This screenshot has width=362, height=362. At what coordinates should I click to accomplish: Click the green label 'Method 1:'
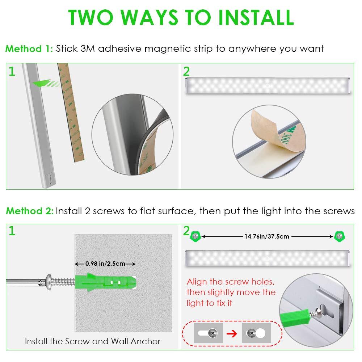[29, 49]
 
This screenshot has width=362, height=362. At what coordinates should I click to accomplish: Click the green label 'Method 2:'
[29, 211]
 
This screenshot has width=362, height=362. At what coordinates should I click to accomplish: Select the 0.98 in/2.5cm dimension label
[105, 264]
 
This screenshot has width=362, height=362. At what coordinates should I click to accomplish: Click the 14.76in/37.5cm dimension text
[267, 236]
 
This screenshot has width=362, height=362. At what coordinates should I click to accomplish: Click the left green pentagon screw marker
[195, 236]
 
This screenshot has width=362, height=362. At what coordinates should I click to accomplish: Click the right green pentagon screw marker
[340, 236]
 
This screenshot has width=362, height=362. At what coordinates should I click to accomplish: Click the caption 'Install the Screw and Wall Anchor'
[93, 341]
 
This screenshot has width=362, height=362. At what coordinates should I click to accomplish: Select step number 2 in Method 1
[186, 71]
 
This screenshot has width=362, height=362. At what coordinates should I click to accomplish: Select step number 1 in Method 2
[12, 231]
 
